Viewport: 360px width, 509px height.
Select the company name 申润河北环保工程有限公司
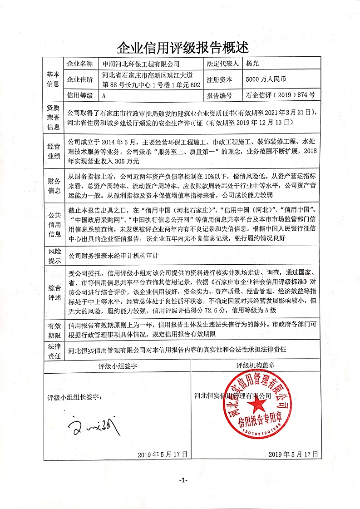pyautogui.click(x=141, y=64)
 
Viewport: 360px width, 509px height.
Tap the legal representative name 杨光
pyautogui.click(x=252, y=64)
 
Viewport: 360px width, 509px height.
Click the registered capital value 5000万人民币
pyautogui.click(x=266, y=79)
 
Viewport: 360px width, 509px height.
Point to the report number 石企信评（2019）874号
pyautogui.click(x=280, y=96)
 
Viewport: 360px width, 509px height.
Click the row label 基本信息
pyautogui.click(x=53, y=79)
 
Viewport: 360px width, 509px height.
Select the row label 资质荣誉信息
pyautogui.click(x=53, y=117)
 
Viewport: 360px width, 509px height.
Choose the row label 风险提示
pyautogui.click(x=53, y=256)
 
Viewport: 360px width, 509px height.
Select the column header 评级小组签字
pyautogui.click(x=118, y=366)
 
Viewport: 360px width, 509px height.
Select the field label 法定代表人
pyautogui.click(x=219, y=64)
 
